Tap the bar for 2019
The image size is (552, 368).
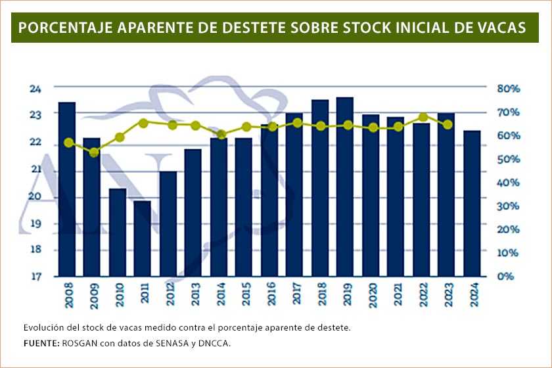[x=344, y=187]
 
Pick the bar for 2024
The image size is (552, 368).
[x=472, y=203]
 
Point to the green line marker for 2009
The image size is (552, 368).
[x=94, y=152]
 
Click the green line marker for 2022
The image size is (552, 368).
[x=423, y=118]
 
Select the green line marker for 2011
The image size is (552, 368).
[x=143, y=123]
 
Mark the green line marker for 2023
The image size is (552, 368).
[x=448, y=124]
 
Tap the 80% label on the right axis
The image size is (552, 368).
[x=508, y=88]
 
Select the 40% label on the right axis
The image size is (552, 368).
[x=508, y=182]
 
